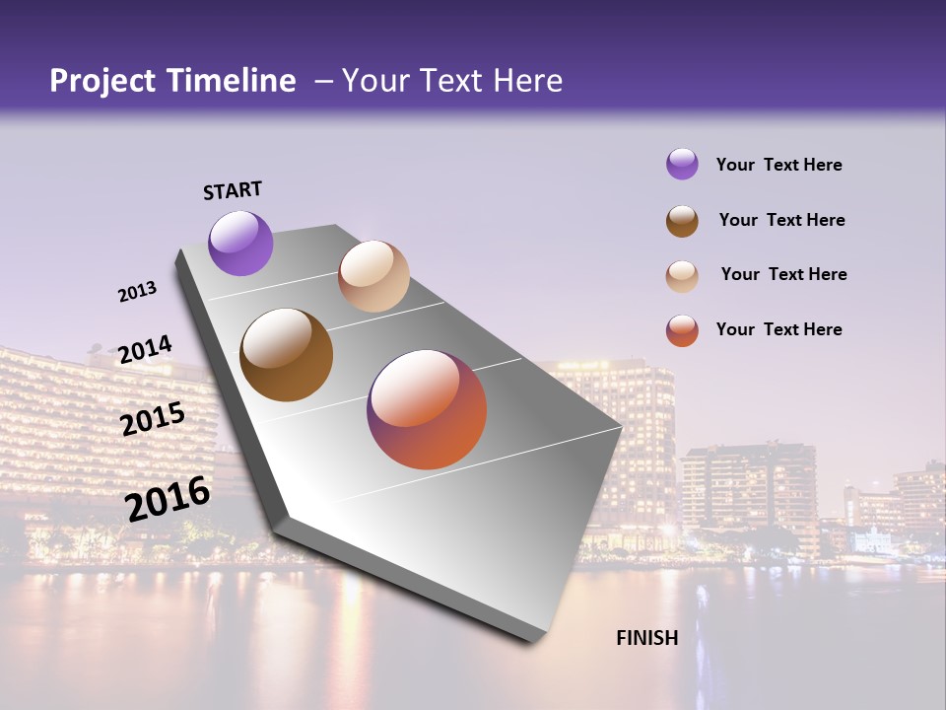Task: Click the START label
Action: coord(233,190)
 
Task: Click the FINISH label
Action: coord(646,638)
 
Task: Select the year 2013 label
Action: coord(137,292)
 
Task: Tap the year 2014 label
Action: coord(145,349)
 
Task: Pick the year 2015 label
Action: coord(153,419)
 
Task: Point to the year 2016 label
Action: coord(168,498)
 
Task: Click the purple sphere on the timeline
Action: coord(240,243)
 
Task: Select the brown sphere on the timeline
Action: coord(286,355)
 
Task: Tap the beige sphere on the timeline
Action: coord(373,276)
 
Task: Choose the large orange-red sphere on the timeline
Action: coord(427,409)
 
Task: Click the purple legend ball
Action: coord(682,164)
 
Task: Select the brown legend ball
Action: coord(682,221)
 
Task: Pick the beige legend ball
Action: coord(682,276)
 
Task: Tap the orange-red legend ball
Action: coord(682,330)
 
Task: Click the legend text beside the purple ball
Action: coord(778,165)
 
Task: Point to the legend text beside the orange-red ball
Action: coord(778,329)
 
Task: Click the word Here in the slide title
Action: coord(526,81)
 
